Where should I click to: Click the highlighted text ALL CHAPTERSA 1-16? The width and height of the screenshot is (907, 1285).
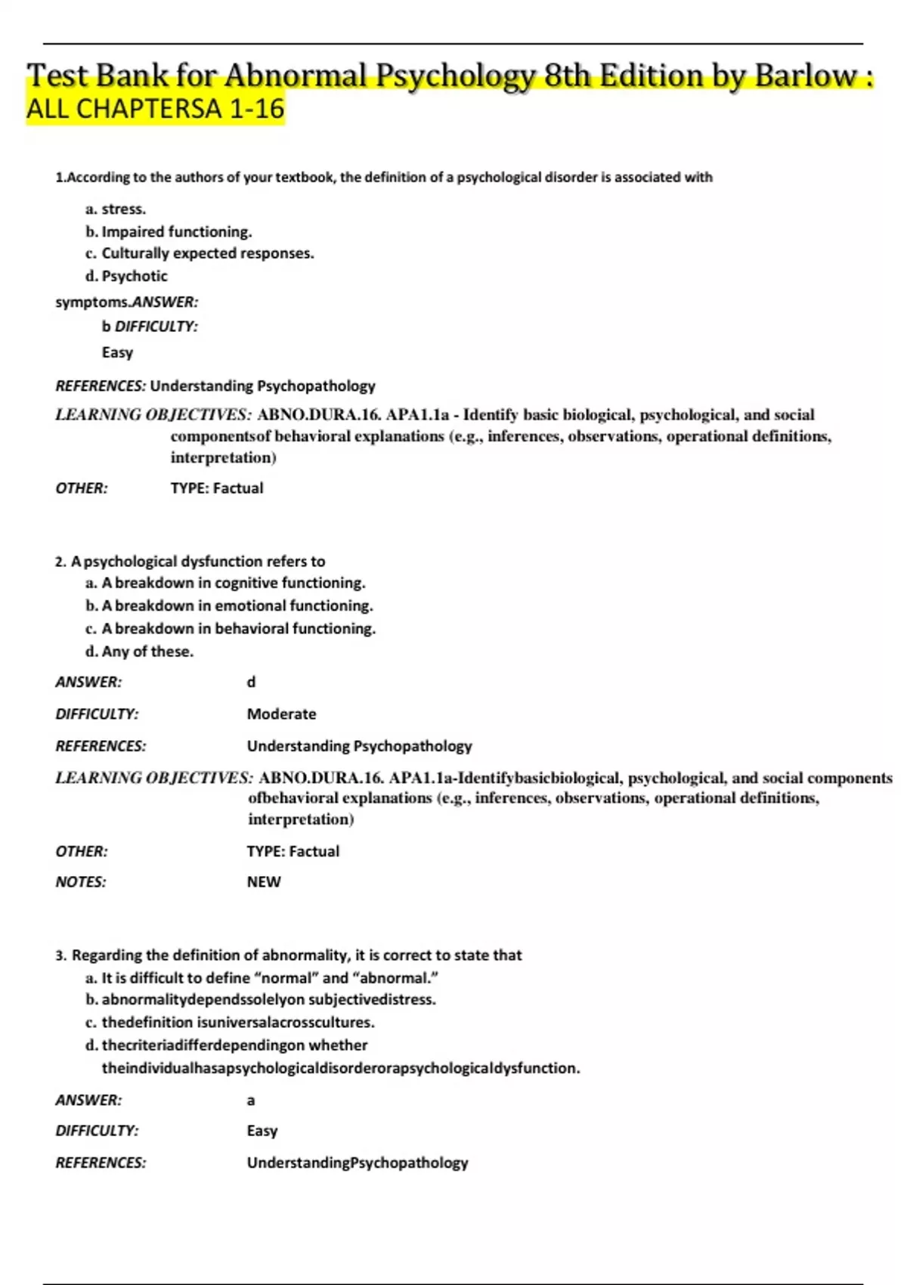[x=156, y=110]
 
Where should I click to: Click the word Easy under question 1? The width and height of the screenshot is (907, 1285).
[x=117, y=352]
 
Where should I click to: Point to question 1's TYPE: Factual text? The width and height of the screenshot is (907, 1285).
[x=217, y=488]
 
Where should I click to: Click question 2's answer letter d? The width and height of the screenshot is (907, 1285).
[x=251, y=682]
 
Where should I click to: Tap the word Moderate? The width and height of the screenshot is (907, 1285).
[x=281, y=714]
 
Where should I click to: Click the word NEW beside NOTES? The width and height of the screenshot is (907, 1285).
[x=263, y=882]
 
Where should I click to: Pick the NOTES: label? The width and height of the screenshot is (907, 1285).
[x=81, y=882]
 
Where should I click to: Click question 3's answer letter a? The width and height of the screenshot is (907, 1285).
[x=251, y=1101]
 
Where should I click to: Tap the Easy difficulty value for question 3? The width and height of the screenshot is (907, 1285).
[x=262, y=1131]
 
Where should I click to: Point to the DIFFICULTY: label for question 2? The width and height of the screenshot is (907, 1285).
[x=97, y=714]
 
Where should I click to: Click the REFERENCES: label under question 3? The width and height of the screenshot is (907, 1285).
[x=101, y=1163]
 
